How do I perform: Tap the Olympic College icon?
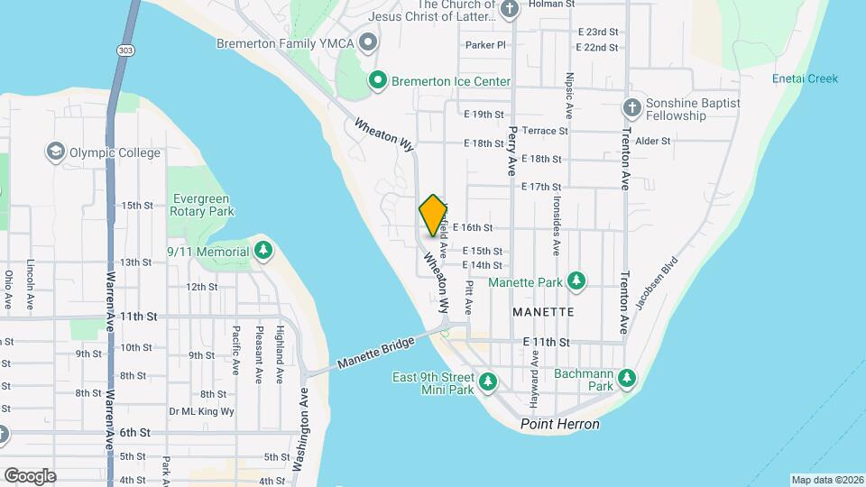click(56, 152)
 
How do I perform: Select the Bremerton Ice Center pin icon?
click(378, 81)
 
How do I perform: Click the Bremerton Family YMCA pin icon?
click(368, 42)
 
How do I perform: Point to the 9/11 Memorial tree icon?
click(263, 251)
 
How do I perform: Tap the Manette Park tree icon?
click(577, 282)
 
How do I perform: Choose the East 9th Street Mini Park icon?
click(488, 383)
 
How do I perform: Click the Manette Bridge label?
click(375, 352)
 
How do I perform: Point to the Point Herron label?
click(560, 424)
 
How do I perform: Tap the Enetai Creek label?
click(805, 78)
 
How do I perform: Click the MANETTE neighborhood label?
click(542, 311)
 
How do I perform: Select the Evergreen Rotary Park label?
click(201, 205)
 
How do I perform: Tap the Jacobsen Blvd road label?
click(656, 284)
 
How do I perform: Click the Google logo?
click(30, 475)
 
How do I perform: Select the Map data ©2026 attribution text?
click(826, 480)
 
